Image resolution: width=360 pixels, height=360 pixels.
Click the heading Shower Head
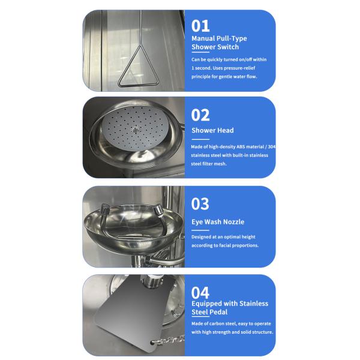[212, 130]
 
